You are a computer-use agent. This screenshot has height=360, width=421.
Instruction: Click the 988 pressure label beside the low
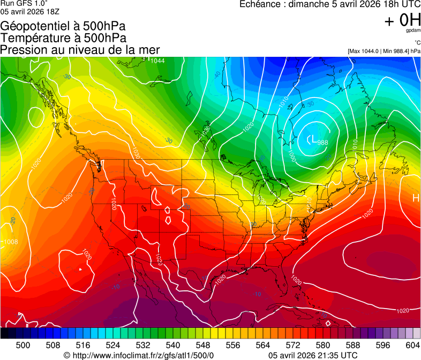(x=322, y=142)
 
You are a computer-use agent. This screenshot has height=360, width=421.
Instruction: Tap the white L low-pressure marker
(x=310, y=140)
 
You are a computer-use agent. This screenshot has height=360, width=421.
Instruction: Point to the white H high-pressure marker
(x=415, y=198)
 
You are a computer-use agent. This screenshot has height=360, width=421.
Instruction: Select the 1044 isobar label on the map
(x=157, y=61)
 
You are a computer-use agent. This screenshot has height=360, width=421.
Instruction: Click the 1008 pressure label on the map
(x=11, y=242)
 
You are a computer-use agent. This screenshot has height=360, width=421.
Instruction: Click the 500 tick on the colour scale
(x=23, y=345)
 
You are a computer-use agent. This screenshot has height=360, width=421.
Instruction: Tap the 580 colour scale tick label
(x=323, y=345)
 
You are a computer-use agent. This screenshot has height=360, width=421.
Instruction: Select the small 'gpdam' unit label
(x=413, y=31)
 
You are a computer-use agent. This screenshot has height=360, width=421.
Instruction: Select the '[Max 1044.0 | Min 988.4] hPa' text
(x=383, y=51)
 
